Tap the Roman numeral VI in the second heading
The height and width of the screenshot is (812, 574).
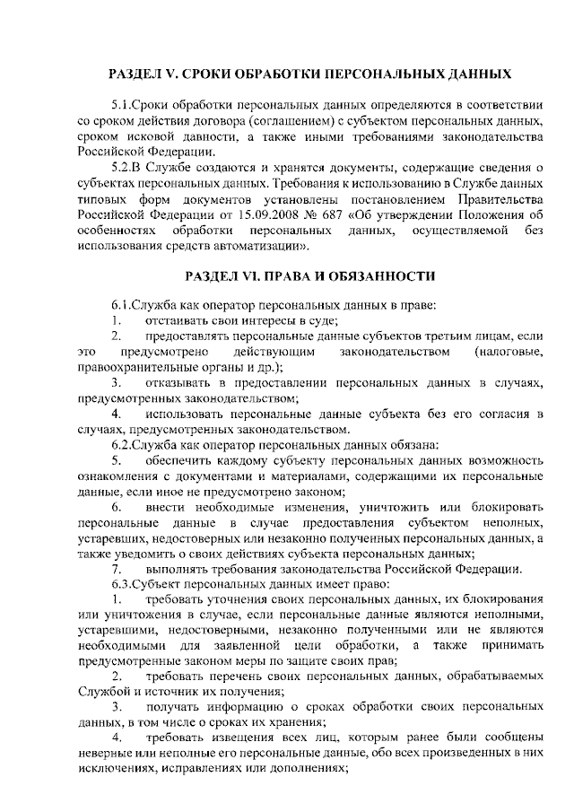click(252, 275)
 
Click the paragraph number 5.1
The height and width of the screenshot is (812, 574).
click(122, 105)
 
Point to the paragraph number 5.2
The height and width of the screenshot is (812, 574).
click(122, 169)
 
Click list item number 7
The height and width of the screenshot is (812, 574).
click(116, 569)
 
